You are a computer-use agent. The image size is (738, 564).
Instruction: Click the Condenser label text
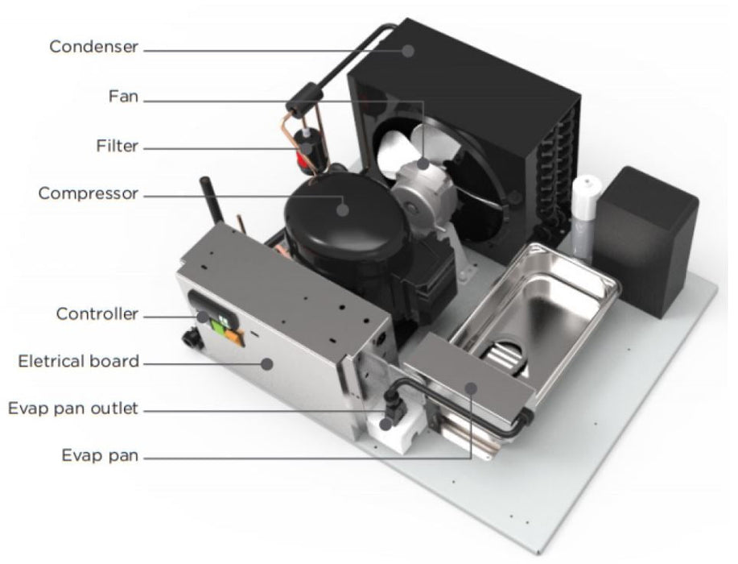point(93,47)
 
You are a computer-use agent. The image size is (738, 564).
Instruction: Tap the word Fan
point(123,97)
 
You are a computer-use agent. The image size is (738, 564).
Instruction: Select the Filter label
point(118,146)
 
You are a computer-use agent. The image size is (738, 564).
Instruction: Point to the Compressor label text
point(88,193)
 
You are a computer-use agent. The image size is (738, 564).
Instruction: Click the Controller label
point(97,313)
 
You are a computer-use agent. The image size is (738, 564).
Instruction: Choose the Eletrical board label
point(79,362)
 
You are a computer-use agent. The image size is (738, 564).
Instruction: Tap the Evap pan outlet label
point(73,408)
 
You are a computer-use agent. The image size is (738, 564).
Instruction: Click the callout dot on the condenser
point(409,51)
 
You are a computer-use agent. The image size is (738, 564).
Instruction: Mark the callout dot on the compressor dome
point(343,209)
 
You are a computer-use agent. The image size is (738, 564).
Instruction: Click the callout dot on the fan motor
point(423,164)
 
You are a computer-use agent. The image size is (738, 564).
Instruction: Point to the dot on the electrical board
point(267,363)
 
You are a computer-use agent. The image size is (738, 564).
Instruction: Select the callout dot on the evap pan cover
point(471,388)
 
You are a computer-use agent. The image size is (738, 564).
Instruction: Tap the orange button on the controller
point(235,338)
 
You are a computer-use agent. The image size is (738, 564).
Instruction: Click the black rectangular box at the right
point(645,241)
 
